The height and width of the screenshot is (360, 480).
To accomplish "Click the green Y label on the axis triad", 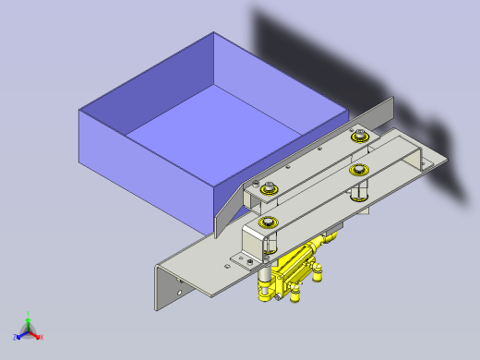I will [30, 314].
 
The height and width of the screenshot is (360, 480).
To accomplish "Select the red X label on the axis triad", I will [42, 337].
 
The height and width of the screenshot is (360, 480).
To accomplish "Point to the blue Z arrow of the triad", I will [20, 334].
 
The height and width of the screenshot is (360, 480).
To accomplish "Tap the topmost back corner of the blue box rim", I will [214, 34].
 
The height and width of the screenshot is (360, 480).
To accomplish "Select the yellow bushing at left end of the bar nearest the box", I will [268, 188].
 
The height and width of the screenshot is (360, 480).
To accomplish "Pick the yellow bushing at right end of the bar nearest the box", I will [359, 138].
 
